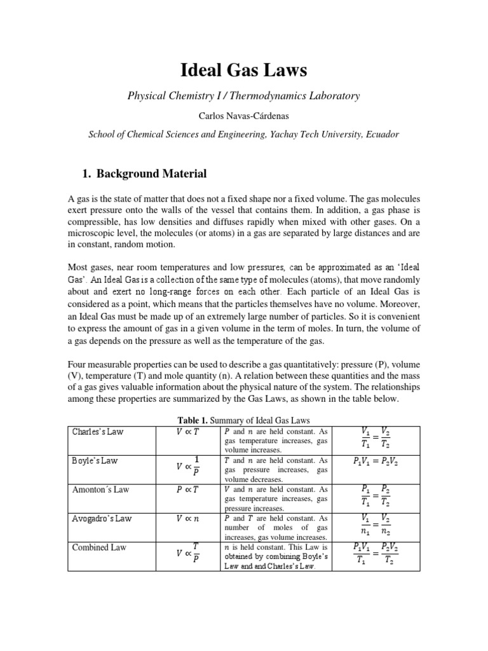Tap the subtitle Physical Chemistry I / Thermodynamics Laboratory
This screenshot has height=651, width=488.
[x=244, y=96]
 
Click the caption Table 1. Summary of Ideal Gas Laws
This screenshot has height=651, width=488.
[x=244, y=420]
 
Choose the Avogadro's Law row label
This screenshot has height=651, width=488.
[x=100, y=519]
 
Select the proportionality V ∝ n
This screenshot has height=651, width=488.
[x=187, y=519]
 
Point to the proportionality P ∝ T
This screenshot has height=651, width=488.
[x=187, y=490]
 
